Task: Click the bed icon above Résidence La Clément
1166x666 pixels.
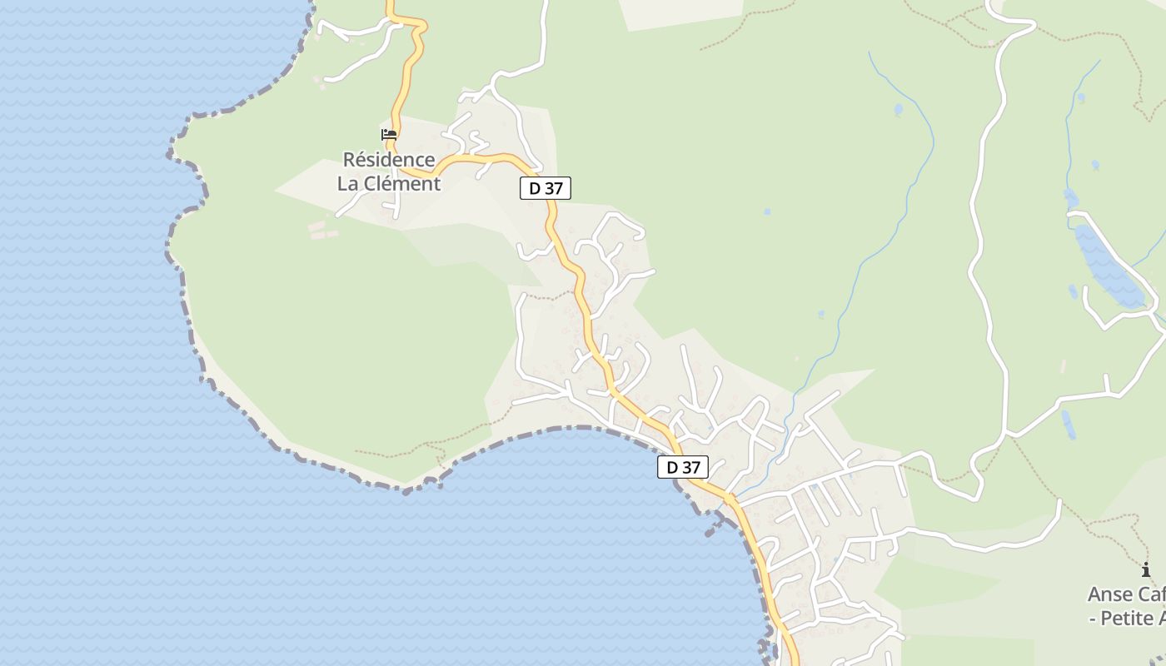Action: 389,135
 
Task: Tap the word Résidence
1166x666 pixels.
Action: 389,159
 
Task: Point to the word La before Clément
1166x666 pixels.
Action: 348,183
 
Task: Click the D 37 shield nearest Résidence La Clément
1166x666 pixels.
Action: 546,188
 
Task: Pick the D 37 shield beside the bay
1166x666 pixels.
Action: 683,467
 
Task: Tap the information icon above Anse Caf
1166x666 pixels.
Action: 1146,570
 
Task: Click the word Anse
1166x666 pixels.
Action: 1110,594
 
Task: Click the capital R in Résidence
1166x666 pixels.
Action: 350,159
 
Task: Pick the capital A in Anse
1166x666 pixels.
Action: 1095,594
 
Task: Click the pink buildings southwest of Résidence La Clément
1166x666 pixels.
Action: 322,230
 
